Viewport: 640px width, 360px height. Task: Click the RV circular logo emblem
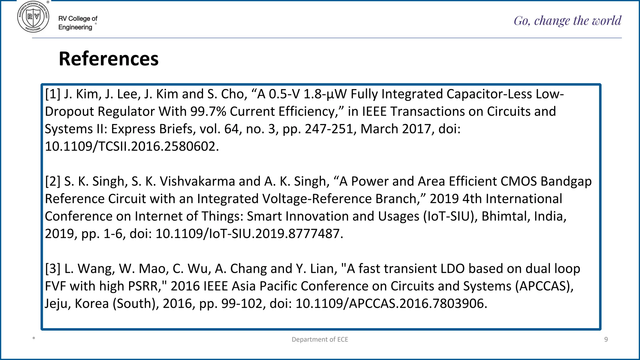coord(33,17)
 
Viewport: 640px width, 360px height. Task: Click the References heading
coord(108,59)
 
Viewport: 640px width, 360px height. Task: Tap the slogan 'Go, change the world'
coord(567,21)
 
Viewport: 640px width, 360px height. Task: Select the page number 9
coord(606,339)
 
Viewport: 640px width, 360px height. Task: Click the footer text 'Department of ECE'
coord(320,339)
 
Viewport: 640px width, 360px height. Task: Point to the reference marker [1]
coord(52,94)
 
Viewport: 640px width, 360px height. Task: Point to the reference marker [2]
coord(52,181)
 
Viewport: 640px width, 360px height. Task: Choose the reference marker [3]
coord(52,269)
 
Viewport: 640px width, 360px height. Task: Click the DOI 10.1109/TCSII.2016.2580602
coord(132,147)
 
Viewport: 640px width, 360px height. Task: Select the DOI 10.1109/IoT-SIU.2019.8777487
coord(249,234)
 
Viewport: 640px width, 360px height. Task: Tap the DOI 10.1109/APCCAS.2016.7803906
coord(391,304)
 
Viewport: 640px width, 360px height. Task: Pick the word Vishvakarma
coord(197,181)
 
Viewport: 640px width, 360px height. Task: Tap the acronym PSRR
coord(142,286)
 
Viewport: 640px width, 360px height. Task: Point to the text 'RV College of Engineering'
coord(78,23)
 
